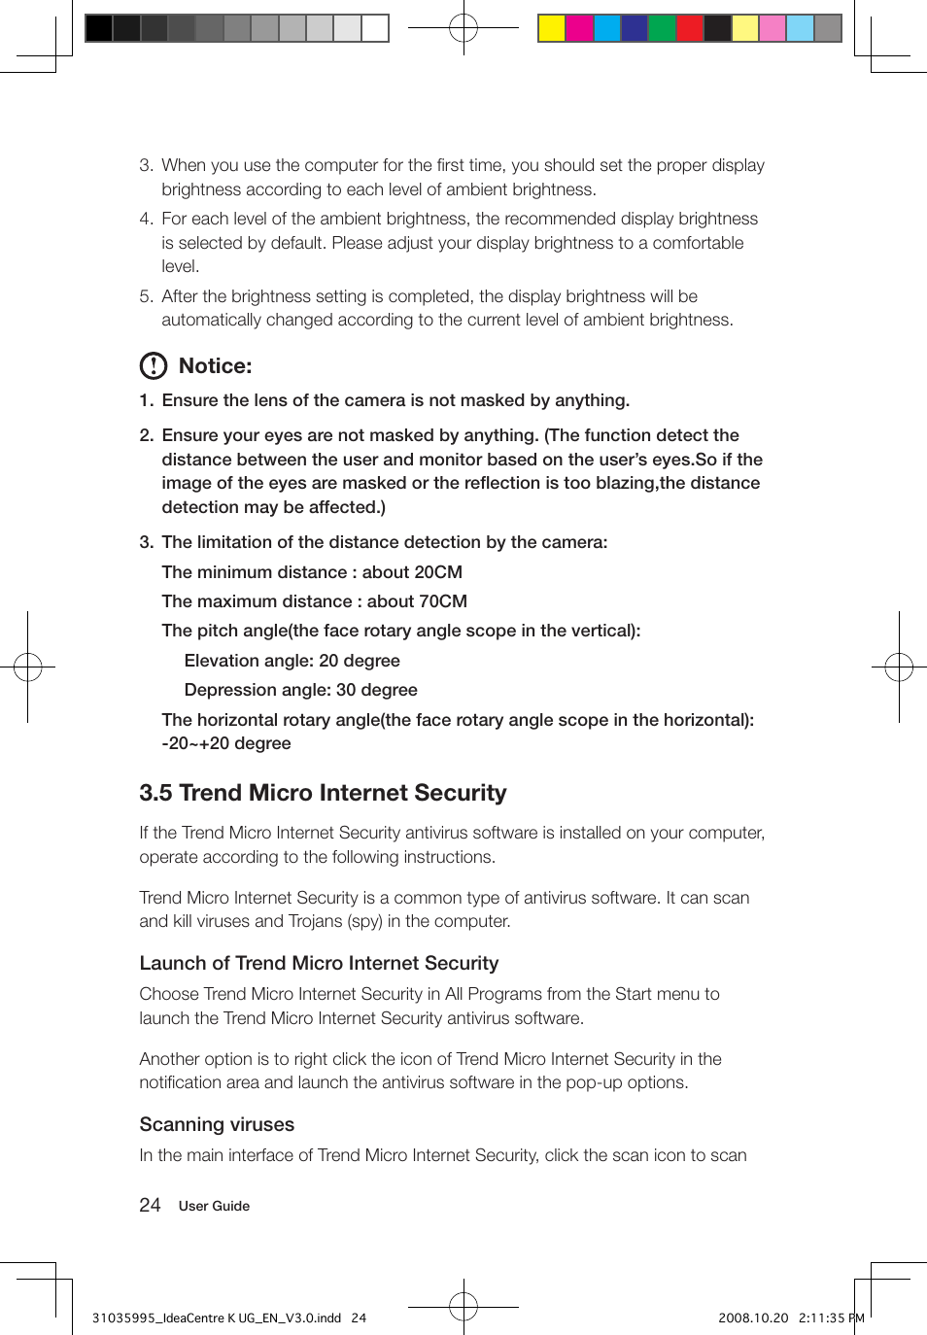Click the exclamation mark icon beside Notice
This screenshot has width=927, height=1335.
tap(154, 366)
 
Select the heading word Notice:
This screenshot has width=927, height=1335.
tap(215, 366)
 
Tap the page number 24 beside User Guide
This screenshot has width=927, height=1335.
tap(150, 1206)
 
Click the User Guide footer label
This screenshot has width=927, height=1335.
tap(214, 1206)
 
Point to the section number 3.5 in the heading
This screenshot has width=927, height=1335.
tap(155, 793)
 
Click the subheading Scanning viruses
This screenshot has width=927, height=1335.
tap(217, 1124)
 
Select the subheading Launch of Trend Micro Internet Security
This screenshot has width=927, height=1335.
tap(319, 963)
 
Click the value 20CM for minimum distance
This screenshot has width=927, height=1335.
tap(436, 572)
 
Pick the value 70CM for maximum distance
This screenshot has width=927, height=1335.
tap(441, 601)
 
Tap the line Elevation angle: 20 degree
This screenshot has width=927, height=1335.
tap(292, 661)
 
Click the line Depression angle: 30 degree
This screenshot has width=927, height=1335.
tap(300, 690)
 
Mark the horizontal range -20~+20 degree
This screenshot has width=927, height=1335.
tap(226, 743)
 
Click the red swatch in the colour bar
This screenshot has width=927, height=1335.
tap(690, 28)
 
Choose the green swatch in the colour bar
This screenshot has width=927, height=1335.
tap(662, 28)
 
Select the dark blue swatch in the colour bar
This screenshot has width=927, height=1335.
tap(635, 28)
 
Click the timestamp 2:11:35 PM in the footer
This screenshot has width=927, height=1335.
tap(831, 1318)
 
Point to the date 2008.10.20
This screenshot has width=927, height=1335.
tap(753, 1318)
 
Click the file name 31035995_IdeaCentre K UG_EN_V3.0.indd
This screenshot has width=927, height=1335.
tap(217, 1318)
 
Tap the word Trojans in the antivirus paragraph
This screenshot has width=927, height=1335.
tap(316, 921)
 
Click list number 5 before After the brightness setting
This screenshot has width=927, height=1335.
tap(146, 296)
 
